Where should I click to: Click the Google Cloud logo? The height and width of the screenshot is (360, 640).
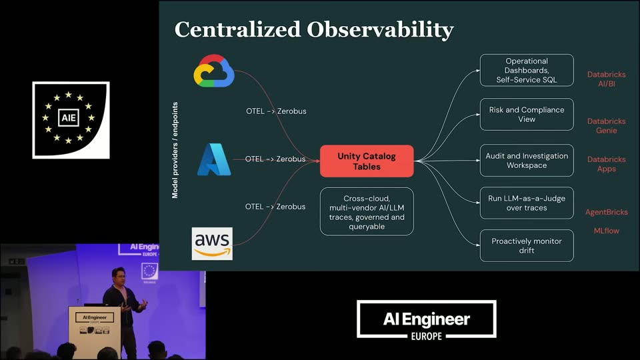(x=214, y=71)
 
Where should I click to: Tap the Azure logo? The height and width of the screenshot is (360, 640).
(x=214, y=159)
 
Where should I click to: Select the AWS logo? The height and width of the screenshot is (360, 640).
(x=212, y=244)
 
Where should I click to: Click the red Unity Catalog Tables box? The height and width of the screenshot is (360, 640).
(x=367, y=161)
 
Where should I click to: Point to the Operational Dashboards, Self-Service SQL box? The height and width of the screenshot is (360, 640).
(x=527, y=70)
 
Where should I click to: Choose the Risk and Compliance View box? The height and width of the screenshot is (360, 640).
(x=527, y=114)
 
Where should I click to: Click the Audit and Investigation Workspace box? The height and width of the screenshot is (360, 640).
(x=527, y=161)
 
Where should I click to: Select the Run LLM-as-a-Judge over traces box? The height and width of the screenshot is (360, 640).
(x=527, y=203)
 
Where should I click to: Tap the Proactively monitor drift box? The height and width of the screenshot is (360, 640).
(x=527, y=246)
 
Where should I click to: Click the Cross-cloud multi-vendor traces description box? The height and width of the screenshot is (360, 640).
(x=367, y=212)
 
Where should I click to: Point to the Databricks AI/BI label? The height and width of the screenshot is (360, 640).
(x=607, y=79)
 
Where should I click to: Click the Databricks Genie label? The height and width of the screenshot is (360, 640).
(x=607, y=126)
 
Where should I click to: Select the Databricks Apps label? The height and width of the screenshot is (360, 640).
(x=607, y=164)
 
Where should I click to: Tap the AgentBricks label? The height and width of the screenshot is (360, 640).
(x=607, y=212)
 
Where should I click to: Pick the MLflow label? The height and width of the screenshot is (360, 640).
(x=607, y=231)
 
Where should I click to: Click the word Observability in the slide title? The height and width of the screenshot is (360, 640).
(x=380, y=30)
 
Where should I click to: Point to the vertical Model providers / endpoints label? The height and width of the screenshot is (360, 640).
(x=175, y=150)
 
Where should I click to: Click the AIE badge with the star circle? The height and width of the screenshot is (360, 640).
(x=71, y=120)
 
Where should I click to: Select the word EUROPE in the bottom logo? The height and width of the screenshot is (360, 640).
(x=427, y=336)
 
